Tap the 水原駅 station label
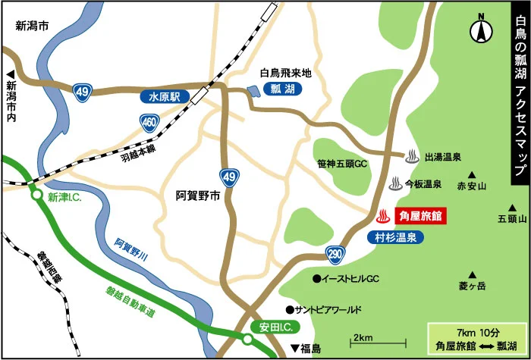163,98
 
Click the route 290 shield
335,252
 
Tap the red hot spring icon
385,216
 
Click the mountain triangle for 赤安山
471,173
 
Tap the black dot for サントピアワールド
289,309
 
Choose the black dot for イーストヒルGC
316,279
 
